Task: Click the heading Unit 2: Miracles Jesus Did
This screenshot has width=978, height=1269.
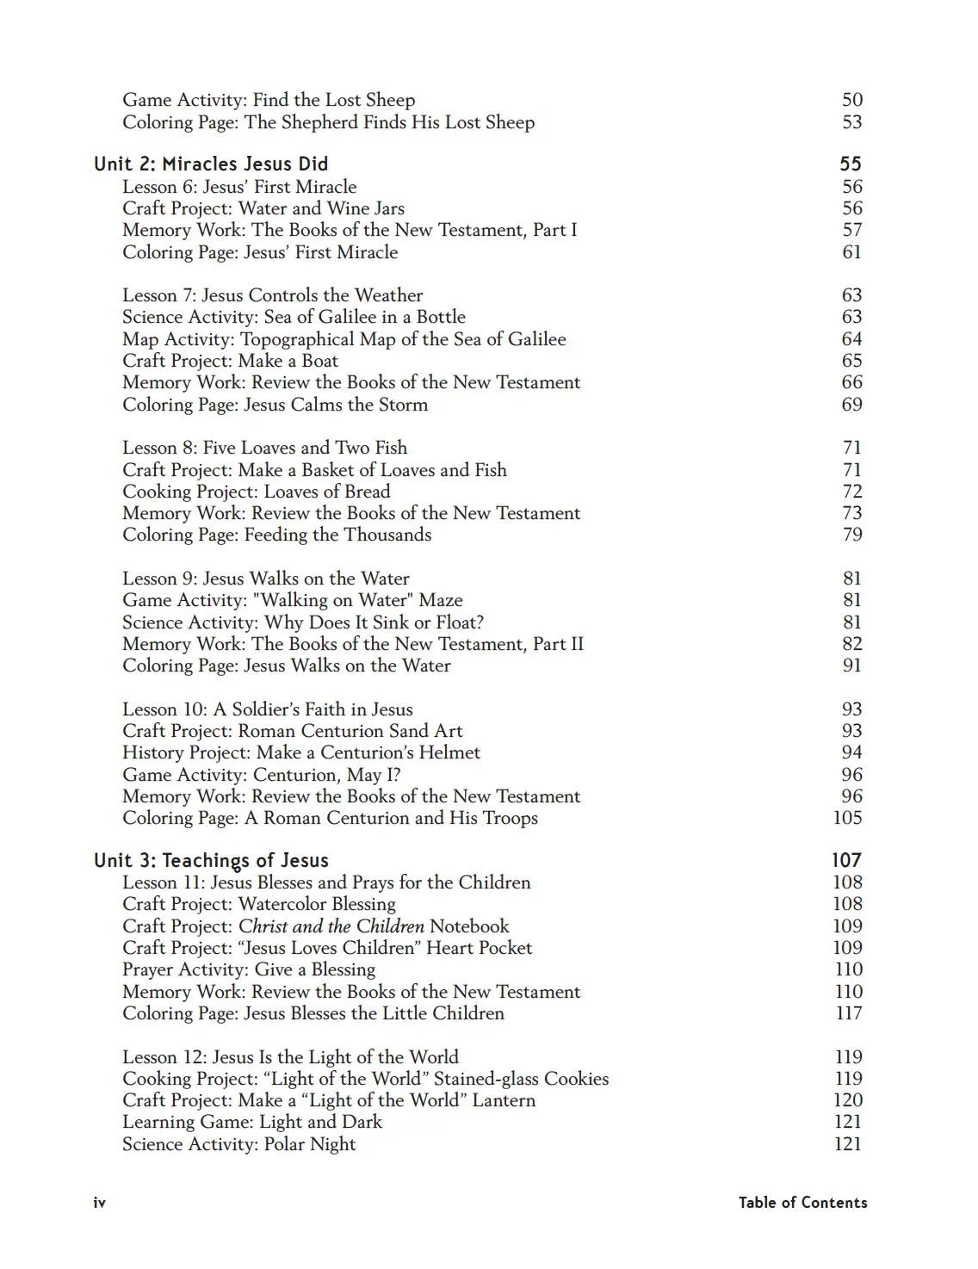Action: (211, 164)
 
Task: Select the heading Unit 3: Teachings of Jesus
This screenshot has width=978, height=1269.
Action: (211, 860)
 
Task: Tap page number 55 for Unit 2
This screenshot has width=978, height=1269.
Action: (851, 164)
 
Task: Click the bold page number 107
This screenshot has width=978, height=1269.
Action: (846, 860)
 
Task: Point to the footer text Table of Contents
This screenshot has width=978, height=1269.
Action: (802, 1203)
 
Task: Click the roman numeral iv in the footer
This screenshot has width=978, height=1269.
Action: (99, 1203)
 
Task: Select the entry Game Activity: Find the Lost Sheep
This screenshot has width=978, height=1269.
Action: (269, 100)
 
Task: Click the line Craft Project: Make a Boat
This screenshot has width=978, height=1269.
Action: (230, 361)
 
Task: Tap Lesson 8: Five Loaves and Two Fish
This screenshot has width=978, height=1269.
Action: (264, 448)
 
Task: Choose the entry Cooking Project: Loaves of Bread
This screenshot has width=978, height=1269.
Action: (256, 492)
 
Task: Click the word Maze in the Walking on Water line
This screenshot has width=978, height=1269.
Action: (440, 600)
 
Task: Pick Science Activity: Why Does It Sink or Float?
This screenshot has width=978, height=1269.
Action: (303, 622)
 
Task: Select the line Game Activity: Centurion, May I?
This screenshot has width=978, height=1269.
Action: (261, 774)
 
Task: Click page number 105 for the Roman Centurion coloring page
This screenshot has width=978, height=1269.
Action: (847, 818)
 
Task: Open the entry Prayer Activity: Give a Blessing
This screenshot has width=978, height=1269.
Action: (249, 969)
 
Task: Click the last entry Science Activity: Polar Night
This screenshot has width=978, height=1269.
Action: (238, 1144)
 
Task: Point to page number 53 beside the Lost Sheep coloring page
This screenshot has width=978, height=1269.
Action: (851, 122)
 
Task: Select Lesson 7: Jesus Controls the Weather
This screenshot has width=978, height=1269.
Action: (272, 295)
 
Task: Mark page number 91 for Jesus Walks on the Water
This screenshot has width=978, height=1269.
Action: (851, 665)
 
